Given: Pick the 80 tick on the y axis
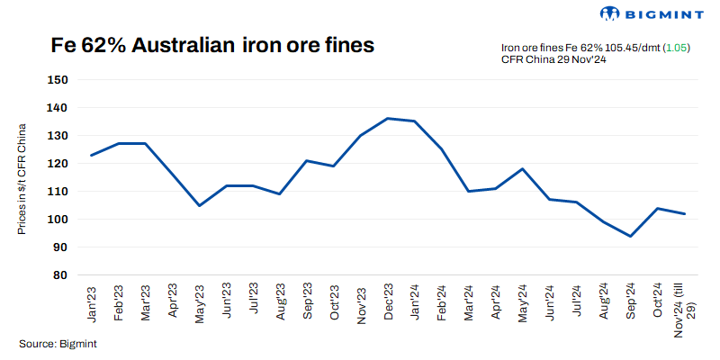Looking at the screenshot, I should tap(60, 275).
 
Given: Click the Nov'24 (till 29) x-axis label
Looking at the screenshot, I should tap(686, 309).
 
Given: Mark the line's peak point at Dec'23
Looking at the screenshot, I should tap(388, 119).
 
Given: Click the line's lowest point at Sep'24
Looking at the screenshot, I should tap(630, 237).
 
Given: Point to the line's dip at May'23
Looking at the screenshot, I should tap(200, 205).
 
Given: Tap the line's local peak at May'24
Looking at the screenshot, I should tap(522, 169).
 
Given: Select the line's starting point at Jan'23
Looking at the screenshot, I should tap(93, 156).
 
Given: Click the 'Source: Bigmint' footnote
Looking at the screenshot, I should tap(58, 344).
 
